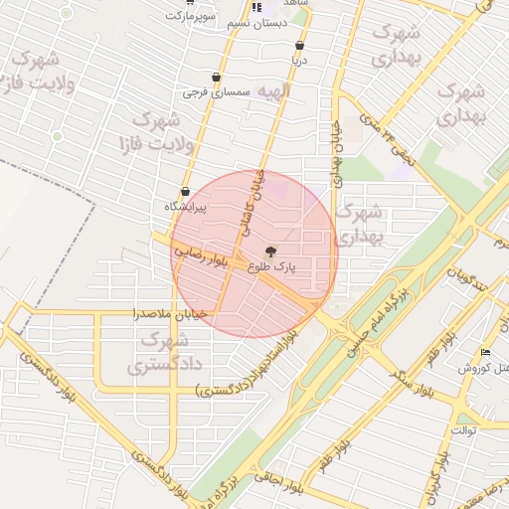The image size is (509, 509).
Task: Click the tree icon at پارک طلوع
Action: click(x=271, y=250)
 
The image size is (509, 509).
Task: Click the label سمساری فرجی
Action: click(x=206, y=93)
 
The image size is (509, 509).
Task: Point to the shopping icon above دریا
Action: click(x=299, y=46)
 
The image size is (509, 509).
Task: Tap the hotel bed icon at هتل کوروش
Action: click(x=484, y=353)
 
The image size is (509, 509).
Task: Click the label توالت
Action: click(x=463, y=429)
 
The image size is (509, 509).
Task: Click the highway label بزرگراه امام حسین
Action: click(x=370, y=318)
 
